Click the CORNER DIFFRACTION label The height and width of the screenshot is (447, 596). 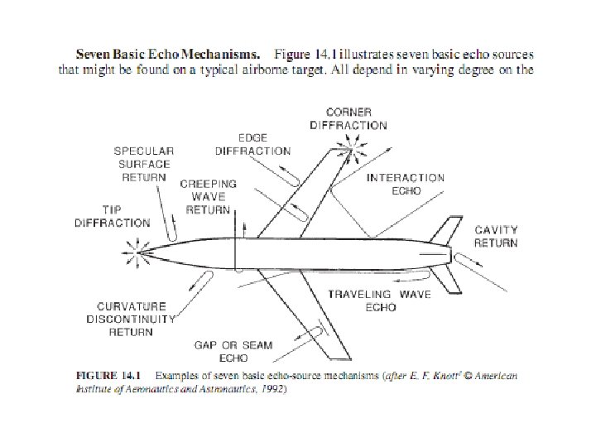[x=348, y=118]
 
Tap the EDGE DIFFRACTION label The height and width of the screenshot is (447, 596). [x=252, y=145]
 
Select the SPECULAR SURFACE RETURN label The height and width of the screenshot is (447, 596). [x=144, y=164]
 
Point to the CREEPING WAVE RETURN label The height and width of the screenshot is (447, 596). [x=208, y=196]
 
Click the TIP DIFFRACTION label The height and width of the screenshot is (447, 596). [x=113, y=216]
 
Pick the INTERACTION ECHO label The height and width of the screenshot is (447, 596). [x=406, y=184]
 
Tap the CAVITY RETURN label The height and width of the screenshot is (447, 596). [x=496, y=236]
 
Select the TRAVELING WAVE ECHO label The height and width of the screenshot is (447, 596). [x=380, y=300]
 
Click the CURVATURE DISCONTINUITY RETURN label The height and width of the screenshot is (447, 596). [x=132, y=319]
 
